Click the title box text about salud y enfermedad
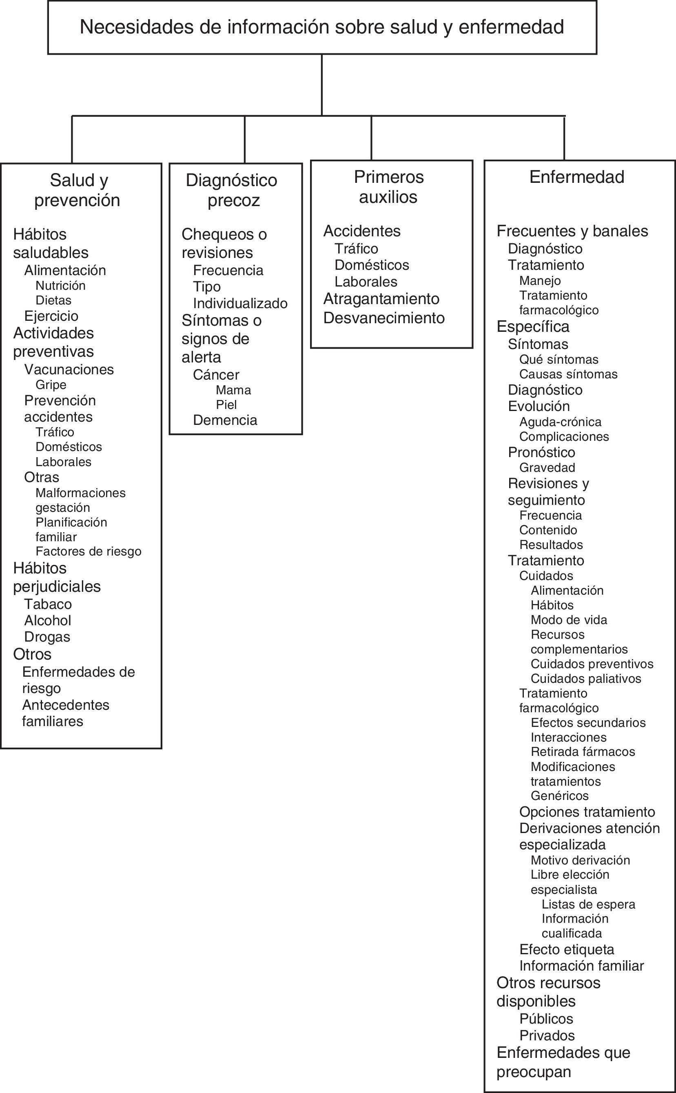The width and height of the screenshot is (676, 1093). click(321, 27)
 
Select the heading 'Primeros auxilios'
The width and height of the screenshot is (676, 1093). click(388, 187)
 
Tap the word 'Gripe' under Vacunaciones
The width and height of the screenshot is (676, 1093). click(51, 385)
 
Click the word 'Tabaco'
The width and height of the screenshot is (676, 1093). click(48, 604)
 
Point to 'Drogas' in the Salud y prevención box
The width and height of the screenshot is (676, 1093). click(47, 637)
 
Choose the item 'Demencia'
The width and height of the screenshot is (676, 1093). click(225, 420)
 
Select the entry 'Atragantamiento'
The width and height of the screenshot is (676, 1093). click(381, 299)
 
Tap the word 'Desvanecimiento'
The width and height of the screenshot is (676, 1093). click(383, 318)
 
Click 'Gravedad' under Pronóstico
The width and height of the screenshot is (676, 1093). click(547, 468)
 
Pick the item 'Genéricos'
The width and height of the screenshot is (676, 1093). click(559, 795)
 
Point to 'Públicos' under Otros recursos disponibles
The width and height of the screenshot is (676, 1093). click(546, 1019)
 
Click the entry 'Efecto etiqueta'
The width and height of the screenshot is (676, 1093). click(567, 949)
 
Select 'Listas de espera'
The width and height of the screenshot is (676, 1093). click(588, 904)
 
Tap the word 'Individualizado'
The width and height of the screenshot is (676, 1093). click(240, 304)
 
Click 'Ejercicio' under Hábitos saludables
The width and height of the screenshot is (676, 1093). click(51, 316)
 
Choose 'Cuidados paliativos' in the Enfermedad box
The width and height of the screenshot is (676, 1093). click(586, 678)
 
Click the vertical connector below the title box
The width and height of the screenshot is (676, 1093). click(322, 85)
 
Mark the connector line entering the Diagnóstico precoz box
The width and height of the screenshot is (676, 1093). click(244, 140)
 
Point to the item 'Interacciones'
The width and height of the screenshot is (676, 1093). click(568, 738)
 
